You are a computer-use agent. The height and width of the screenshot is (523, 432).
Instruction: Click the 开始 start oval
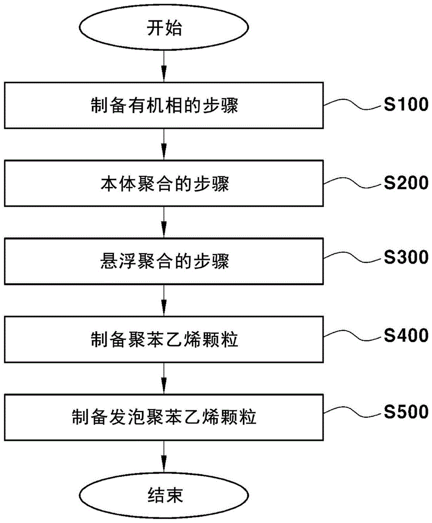pyautogui.click(x=164, y=30)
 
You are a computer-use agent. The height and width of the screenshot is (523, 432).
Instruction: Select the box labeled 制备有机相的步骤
pyautogui.click(x=164, y=107)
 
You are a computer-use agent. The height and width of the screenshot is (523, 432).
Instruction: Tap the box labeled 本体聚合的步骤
pyautogui.click(x=164, y=185)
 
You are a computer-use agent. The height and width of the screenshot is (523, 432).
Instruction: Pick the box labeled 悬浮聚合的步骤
pyautogui.click(x=164, y=261)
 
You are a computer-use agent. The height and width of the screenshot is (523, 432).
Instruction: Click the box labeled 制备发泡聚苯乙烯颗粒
pyautogui.click(x=164, y=418)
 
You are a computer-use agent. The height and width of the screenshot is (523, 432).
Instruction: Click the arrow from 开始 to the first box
pyautogui.click(x=164, y=67)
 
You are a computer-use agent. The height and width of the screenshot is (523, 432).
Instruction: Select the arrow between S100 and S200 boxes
pyautogui.click(x=164, y=146)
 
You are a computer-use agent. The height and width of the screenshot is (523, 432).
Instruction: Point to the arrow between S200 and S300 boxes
pyautogui.click(x=164, y=223)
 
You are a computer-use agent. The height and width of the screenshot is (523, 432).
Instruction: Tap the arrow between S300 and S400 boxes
pyautogui.click(x=164, y=301)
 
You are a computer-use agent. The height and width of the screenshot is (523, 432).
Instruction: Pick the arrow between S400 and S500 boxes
pyautogui.click(x=164, y=379)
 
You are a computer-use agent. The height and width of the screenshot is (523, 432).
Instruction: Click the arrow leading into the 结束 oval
pyautogui.click(x=164, y=457)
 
